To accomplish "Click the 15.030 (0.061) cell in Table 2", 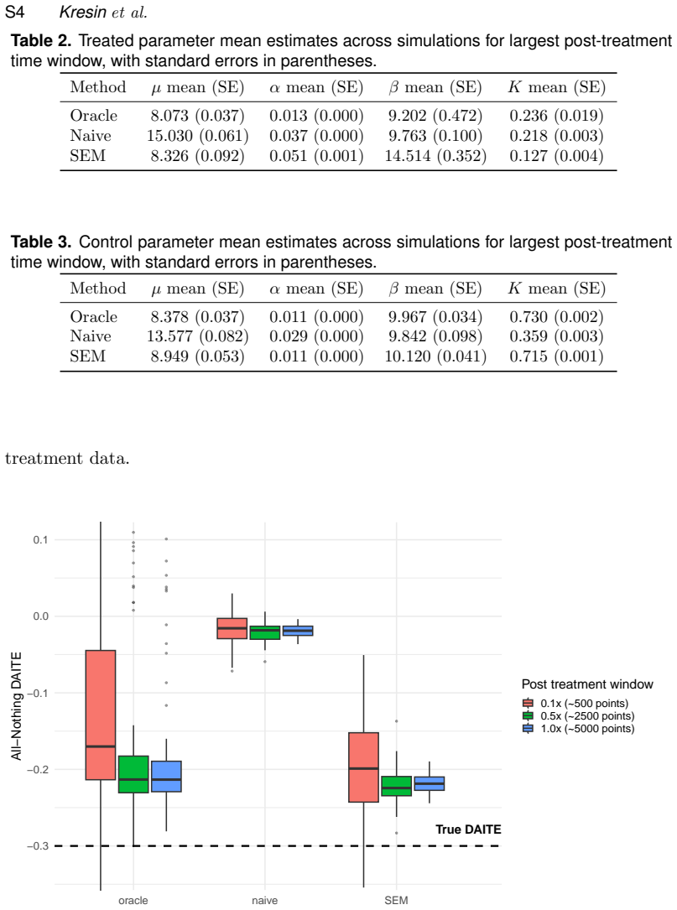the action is tap(197, 136).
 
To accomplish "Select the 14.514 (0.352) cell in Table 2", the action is tap(435, 156).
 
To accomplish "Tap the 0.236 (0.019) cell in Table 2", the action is tap(557, 116).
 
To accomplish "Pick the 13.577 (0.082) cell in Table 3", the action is tap(197, 336).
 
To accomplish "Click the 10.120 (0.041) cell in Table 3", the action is tap(435, 356).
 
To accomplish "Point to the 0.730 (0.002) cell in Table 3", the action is tap(557, 317).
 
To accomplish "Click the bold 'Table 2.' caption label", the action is tap(41, 40).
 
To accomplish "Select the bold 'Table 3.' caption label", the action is tap(41, 242).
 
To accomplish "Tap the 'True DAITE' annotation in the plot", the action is tap(468, 829).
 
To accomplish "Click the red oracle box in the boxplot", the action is tap(101, 715).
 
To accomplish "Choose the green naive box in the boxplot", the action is tap(265, 632).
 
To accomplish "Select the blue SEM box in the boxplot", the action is tap(429, 783).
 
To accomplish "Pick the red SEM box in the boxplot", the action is tap(363, 767).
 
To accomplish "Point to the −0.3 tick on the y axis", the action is tap(38, 846).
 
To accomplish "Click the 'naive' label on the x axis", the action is tap(265, 900).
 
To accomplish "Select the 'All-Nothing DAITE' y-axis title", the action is tap(16, 705).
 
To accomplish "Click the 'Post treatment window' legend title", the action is tap(587, 684).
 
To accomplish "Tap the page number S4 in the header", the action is tap(14, 12).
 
